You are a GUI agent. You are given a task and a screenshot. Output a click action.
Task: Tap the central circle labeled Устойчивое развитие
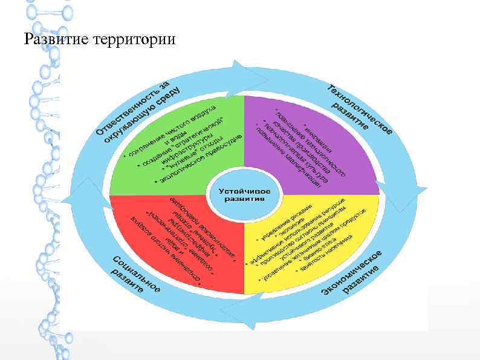(244, 194)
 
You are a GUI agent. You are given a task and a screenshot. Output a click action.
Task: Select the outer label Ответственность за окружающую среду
(136, 112)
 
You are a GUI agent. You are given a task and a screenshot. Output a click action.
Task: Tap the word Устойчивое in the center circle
(244, 190)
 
